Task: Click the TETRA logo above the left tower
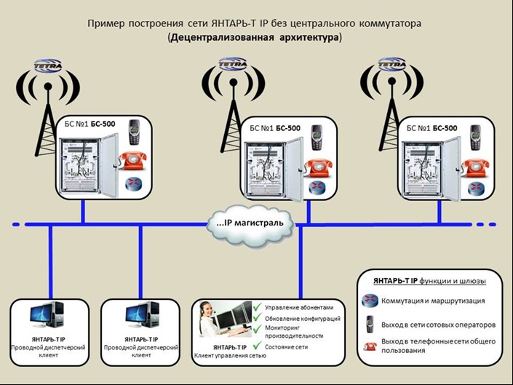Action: (48, 64)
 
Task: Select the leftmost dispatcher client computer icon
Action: (49, 315)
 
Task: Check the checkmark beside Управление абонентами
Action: (257, 307)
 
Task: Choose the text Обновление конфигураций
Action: (303, 319)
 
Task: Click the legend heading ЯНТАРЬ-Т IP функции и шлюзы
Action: (429, 280)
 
